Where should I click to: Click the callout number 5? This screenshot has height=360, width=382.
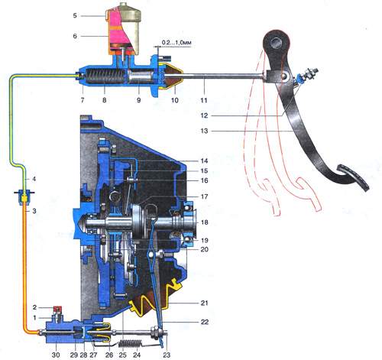pos(75,16)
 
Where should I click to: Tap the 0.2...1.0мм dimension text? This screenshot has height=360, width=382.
pos(176,43)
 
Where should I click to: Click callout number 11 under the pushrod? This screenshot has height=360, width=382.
pos(203,100)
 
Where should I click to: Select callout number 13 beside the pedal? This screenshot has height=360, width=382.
pos(204,131)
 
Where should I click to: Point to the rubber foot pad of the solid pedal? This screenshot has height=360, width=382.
pos(354,177)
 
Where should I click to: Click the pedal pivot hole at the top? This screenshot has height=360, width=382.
pos(277,42)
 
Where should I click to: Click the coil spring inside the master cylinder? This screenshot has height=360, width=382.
pos(105,76)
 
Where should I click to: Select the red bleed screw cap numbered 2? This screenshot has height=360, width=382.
pos(57,310)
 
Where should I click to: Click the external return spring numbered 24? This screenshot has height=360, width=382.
pos(131,343)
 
